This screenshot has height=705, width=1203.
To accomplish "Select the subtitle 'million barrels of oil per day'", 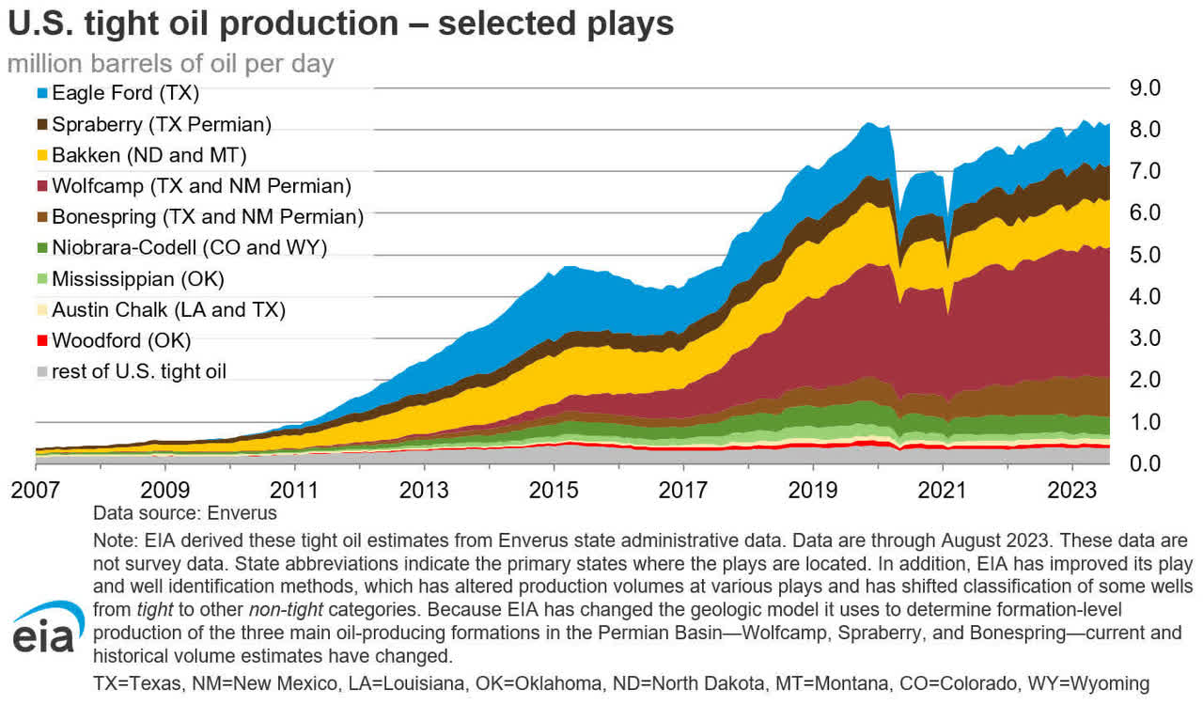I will click(171, 65).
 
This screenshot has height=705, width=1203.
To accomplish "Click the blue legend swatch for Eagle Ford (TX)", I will click(41, 94).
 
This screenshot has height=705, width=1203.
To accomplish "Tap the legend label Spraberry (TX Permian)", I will click(162, 124).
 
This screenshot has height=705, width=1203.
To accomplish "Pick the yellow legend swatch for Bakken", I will click(41, 155).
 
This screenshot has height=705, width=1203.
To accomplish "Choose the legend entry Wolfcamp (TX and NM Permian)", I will click(201, 186).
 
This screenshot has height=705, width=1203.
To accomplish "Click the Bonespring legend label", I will click(207, 217).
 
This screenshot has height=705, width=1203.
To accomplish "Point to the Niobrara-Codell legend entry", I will click(189, 247).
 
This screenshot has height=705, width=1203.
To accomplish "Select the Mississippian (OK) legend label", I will click(138, 278).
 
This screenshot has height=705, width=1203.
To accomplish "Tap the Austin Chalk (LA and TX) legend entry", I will click(168, 309).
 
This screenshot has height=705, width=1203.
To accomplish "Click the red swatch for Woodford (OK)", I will click(41, 340).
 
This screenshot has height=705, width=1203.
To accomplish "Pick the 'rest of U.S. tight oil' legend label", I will click(139, 371).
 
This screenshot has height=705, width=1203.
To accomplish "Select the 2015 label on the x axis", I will click(554, 491).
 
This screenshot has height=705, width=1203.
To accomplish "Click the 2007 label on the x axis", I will click(35, 491).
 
